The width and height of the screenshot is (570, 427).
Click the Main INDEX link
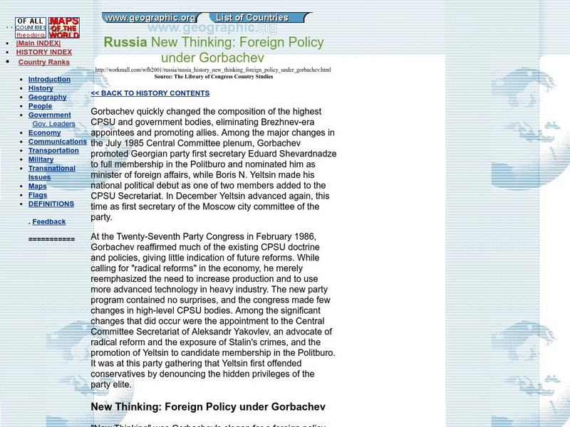(38, 43)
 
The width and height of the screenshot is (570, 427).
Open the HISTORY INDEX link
(44, 52)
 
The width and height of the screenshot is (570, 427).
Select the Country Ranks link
(44, 62)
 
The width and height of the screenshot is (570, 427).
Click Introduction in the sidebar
(49, 79)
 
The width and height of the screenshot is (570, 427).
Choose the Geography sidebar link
(47, 97)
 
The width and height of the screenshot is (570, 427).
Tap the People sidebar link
(40, 106)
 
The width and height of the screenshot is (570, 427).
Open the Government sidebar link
(49, 115)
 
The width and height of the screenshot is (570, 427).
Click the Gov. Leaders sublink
(53, 124)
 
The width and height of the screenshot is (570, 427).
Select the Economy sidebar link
(44, 132)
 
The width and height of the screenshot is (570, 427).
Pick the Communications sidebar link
(58, 142)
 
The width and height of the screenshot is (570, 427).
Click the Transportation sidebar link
(53, 150)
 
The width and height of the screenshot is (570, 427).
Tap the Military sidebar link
(41, 159)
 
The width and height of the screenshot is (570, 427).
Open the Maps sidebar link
(37, 186)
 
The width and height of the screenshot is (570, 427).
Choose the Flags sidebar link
(38, 195)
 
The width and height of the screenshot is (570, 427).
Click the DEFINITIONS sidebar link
(51, 204)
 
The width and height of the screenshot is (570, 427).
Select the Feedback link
(48, 222)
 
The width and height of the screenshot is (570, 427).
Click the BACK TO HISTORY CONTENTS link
(150, 93)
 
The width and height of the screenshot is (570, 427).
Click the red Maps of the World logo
(64, 28)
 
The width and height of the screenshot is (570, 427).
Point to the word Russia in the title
(125, 42)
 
